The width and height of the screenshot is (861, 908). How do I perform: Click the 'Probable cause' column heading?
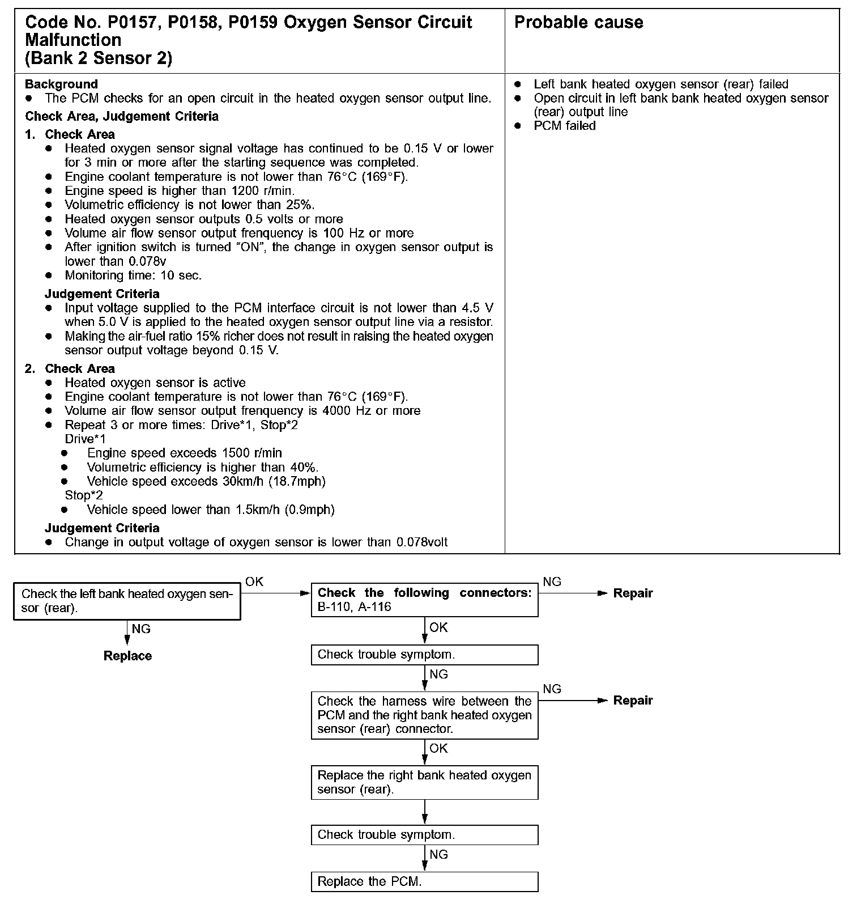point(578,23)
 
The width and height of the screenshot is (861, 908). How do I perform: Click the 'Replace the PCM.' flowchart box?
point(424,881)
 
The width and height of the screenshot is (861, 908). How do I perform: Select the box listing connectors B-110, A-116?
point(424,600)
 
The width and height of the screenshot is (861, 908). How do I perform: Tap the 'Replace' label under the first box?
point(127,656)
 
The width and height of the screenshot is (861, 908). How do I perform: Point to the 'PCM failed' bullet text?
point(564,126)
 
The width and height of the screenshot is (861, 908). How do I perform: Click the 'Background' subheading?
point(61,84)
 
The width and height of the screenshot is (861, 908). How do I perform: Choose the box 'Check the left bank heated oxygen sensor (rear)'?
point(127,601)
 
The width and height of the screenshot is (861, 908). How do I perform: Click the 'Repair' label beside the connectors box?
point(633,593)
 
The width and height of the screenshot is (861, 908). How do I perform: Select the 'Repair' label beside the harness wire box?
point(633,701)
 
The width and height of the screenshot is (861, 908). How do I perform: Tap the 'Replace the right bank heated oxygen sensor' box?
point(424,782)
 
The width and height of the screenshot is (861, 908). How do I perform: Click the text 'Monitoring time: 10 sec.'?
point(133,275)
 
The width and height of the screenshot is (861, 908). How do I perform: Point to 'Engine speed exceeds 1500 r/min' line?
point(184,453)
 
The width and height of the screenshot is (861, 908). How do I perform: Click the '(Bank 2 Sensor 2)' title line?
point(99,58)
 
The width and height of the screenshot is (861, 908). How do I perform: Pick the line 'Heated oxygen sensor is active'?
point(155,383)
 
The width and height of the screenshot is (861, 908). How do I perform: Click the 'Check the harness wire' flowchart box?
point(424,715)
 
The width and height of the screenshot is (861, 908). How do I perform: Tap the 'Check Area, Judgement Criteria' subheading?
point(122,117)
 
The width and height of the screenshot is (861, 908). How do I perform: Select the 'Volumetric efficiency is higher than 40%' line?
point(202,468)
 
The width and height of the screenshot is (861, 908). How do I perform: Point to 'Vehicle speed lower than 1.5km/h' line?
point(211,510)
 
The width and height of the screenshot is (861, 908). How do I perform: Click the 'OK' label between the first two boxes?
point(254,582)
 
